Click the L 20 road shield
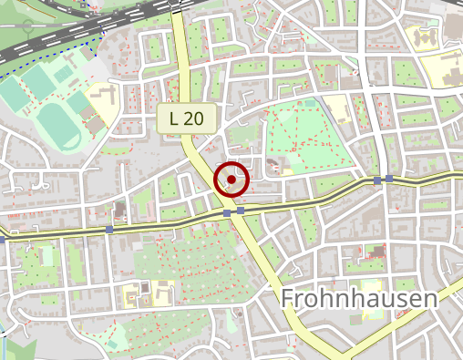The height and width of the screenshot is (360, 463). pyautogui.click(x=187, y=118)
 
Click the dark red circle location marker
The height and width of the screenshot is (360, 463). pyautogui.click(x=231, y=180)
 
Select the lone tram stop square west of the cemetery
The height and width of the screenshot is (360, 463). pyautogui.click(x=109, y=230)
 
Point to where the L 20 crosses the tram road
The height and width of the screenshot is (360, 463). pyautogui.click(x=233, y=212)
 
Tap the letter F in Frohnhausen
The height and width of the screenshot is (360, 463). pyautogui.click(x=288, y=299)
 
